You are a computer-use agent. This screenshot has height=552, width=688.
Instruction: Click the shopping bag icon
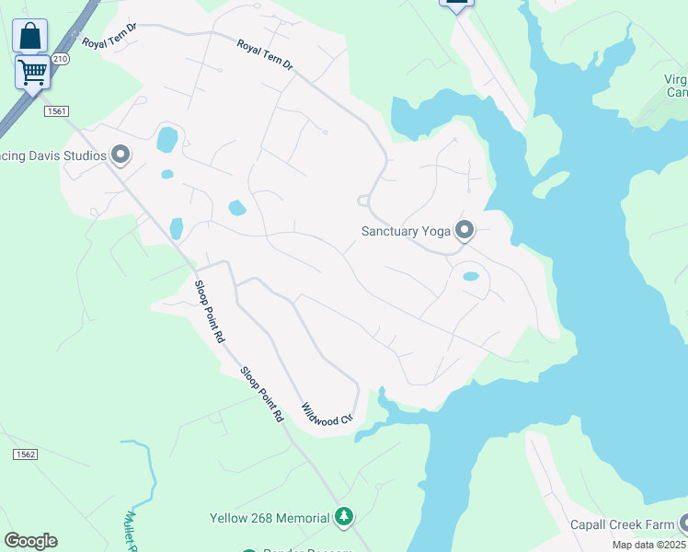click(30, 37)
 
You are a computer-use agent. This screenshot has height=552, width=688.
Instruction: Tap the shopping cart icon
click(32, 71)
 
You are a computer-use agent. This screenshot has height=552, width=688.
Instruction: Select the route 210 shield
click(61, 58)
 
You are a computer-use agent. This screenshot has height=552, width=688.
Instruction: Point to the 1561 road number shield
click(55, 111)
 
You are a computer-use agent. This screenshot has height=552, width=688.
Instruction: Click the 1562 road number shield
click(25, 454)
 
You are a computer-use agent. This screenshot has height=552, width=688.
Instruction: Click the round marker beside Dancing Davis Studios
click(120, 155)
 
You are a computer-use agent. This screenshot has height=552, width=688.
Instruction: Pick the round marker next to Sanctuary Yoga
click(464, 230)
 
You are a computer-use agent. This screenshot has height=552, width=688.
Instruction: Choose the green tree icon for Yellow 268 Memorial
click(344, 517)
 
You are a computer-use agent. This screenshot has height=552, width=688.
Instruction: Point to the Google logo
click(30, 541)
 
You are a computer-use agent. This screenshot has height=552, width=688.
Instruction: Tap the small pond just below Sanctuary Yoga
click(470, 276)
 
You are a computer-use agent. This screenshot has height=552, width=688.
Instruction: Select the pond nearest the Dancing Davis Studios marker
click(167, 140)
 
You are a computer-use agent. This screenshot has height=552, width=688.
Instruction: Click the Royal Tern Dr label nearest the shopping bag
click(109, 35)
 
